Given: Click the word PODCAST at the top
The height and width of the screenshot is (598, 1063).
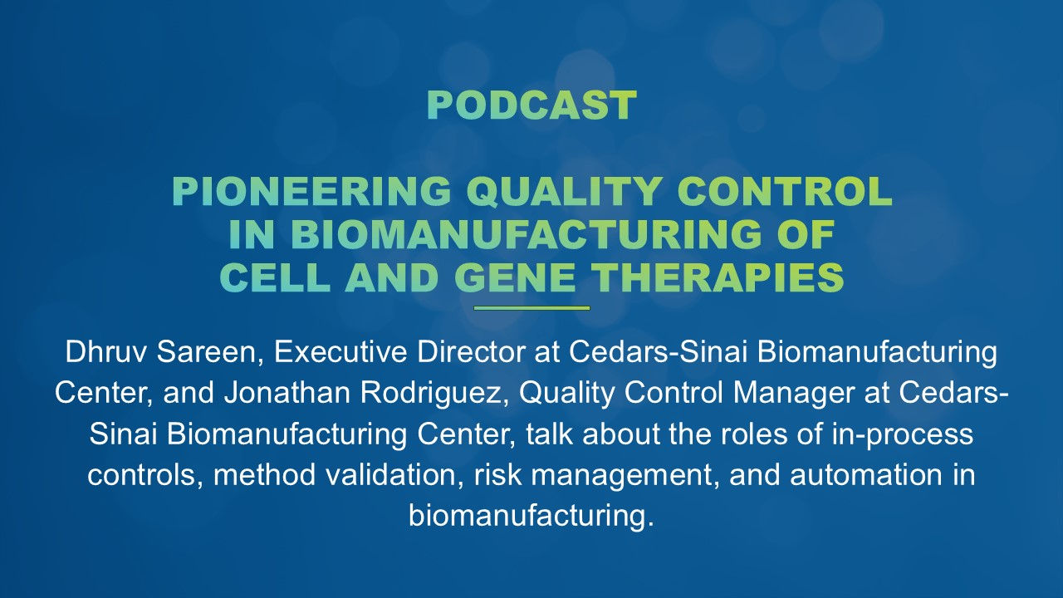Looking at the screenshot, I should pos(531,105).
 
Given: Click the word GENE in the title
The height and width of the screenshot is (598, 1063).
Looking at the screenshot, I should pos(515,279).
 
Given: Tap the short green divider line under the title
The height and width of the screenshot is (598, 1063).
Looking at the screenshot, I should pos(531,308).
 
